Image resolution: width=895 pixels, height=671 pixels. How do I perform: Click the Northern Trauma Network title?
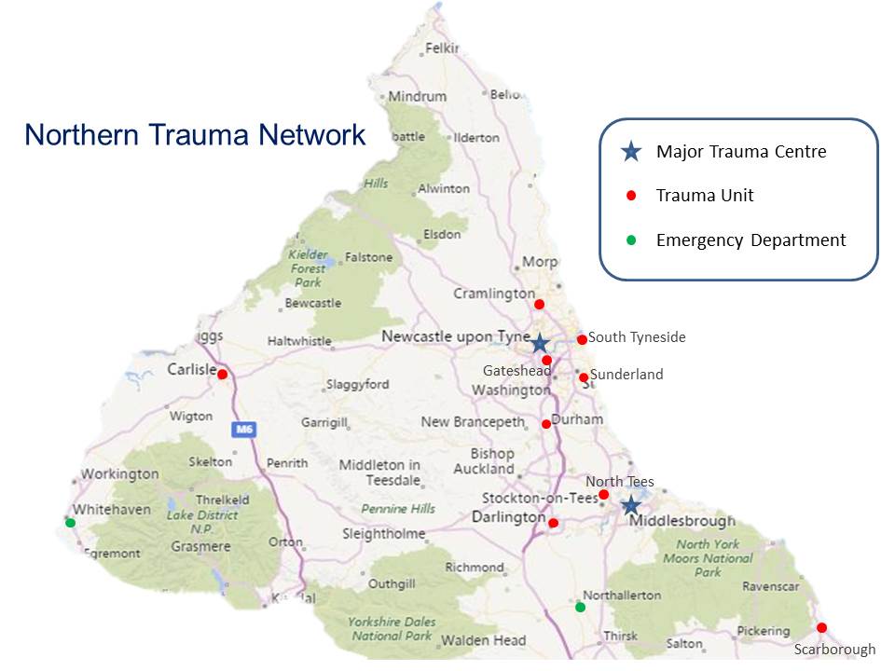point(195,135)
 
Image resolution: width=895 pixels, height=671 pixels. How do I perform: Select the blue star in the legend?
point(631,151)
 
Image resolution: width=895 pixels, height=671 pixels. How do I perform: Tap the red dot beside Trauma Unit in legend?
point(631,196)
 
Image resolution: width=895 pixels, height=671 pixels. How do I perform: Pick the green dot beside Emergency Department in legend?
point(631,240)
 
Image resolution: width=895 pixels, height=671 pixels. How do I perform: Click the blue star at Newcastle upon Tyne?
point(539,343)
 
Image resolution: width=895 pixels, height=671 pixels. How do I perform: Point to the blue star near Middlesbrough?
point(630,505)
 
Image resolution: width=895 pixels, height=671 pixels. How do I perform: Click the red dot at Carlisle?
point(222,374)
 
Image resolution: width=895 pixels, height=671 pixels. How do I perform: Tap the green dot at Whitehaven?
point(70,523)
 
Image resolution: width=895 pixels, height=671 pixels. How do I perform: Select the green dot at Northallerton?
point(580,608)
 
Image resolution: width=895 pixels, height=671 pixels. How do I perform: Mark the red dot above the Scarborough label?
point(821,627)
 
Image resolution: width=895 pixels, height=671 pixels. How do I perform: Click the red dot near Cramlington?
point(539,304)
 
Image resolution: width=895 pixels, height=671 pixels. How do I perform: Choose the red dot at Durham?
point(546,424)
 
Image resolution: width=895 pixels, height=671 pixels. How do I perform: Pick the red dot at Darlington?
point(553,523)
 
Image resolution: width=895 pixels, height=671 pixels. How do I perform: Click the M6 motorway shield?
point(242,430)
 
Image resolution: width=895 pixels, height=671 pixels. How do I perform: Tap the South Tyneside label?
point(637,337)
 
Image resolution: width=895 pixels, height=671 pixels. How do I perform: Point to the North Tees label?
point(619,482)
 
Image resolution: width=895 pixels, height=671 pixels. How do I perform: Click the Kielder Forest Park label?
point(309,267)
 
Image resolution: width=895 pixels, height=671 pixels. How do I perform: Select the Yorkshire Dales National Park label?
point(390,629)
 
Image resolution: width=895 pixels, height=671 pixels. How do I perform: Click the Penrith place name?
point(286,462)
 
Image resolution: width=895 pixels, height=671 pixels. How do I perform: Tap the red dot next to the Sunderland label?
point(584,377)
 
